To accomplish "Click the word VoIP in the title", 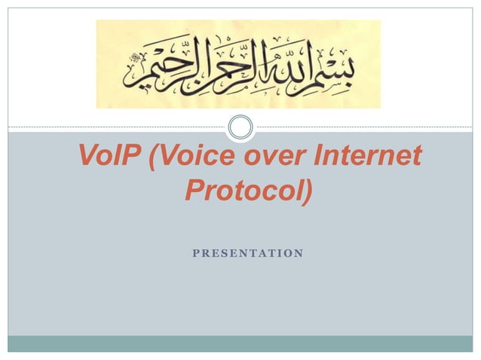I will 110,158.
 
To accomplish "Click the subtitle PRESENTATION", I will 248,253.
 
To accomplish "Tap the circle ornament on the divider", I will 240,127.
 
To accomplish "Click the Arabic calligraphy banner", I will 238,64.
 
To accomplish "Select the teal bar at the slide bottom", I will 240,343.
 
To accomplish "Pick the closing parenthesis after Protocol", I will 305,192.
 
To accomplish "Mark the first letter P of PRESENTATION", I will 196,253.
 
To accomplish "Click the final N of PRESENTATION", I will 299,253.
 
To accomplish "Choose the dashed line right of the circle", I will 362,127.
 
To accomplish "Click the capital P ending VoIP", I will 134,158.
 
